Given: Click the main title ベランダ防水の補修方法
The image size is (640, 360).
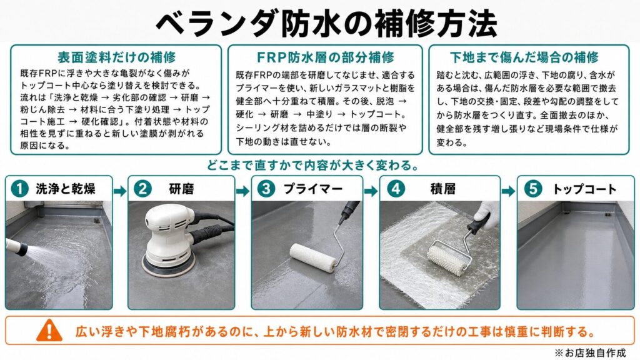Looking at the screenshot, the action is click(x=326, y=22).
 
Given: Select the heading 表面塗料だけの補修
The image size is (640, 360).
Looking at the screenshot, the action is click(x=116, y=57).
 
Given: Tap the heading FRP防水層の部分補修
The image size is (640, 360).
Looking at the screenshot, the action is click(x=325, y=57).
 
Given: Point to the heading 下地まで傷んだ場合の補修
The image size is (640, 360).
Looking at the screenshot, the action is click(x=524, y=57).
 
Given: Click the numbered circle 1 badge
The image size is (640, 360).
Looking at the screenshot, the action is click(x=19, y=189).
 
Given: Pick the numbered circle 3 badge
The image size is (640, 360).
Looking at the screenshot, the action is click(x=266, y=189).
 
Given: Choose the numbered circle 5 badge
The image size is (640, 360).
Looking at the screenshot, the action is click(x=533, y=189).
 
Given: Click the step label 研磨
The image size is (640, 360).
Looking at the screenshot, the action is click(x=182, y=189).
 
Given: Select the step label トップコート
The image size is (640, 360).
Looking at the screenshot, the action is click(x=584, y=189).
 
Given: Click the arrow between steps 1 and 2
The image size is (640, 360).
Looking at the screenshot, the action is click(x=120, y=191).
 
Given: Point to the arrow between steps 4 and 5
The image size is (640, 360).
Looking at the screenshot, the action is click(x=509, y=191).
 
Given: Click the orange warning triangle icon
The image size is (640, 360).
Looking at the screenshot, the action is click(x=49, y=330).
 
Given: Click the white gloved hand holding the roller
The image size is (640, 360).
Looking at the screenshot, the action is click(x=487, y=214).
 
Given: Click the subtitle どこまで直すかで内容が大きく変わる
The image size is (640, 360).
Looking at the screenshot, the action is click(x=313, y=166).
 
